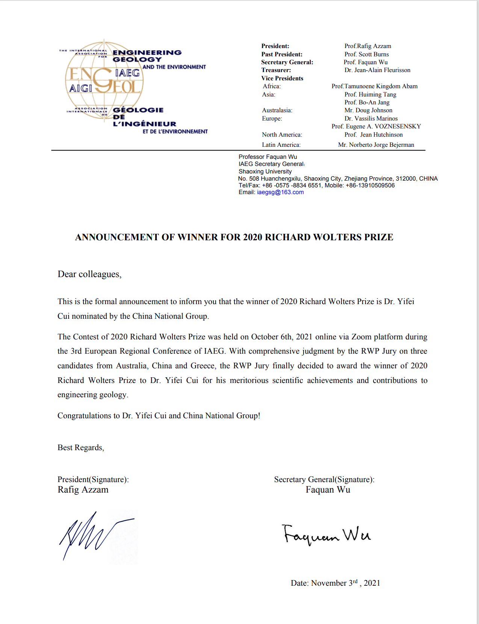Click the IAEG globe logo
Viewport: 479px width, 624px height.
tap(104, 80)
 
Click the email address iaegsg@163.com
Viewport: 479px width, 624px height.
tap(280, 192)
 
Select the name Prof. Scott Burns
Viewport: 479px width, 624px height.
tap(366, 54)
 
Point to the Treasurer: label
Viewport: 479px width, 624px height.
tap(276, 70)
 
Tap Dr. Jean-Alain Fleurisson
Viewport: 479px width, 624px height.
tap(377, 70)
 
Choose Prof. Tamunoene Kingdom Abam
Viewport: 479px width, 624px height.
tap(374, 86)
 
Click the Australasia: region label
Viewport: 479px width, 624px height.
tap(277, 110)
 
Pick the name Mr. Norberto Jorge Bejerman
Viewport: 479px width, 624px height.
tap(376, 145)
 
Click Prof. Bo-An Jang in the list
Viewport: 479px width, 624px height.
tap(367, 102)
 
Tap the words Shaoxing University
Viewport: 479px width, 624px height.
tap(265, 172)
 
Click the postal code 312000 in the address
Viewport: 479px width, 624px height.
tap(406, 179)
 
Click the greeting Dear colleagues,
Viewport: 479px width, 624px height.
tap(89, 274)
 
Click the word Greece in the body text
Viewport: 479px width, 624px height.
tap(202, 366)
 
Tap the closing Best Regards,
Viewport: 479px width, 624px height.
tap(80, 448)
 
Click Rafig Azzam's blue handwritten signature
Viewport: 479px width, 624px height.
tap(94, 535)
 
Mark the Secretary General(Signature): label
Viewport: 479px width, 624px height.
tap(324, 479)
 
